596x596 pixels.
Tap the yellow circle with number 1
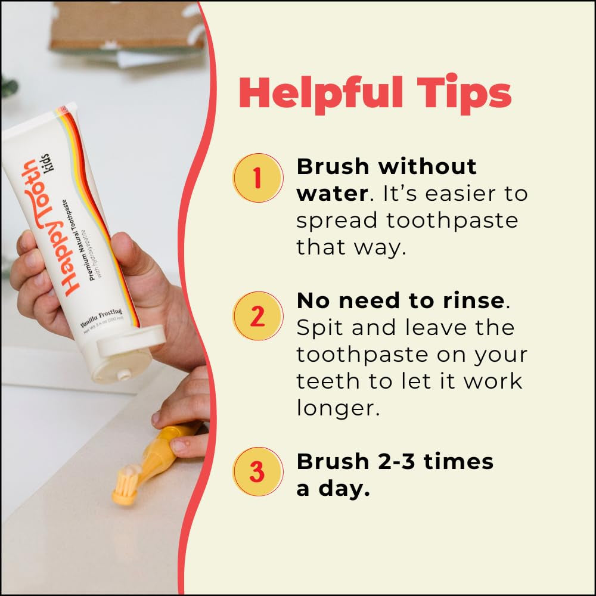(257, 178)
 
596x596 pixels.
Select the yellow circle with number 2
(257, 316)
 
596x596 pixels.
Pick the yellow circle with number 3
(257, 471)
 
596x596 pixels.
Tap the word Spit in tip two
(320, 328)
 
